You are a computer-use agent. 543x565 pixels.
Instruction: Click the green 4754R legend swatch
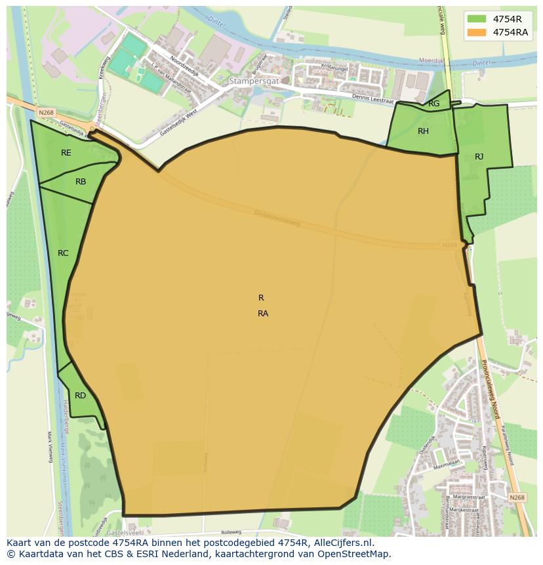[477, 19]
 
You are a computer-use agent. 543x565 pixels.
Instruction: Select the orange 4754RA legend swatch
[477, 32]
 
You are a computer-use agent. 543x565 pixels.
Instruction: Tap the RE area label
[66, 153]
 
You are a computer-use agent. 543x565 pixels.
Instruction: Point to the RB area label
[81, 182]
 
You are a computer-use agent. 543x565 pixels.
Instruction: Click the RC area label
[63, 253]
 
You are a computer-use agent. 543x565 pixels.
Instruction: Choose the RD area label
[80, 396]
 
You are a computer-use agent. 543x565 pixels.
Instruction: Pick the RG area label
[434, 104]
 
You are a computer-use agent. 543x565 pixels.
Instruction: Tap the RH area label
[424, 131]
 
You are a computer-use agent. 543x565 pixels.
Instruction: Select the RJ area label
[479, 157]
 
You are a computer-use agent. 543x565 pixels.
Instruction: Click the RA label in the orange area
[263, 314]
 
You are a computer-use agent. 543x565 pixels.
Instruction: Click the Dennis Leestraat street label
[372, 98]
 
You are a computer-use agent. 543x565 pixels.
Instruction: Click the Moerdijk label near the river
[432, 61]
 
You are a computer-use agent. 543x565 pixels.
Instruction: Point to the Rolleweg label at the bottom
[231, 532]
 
